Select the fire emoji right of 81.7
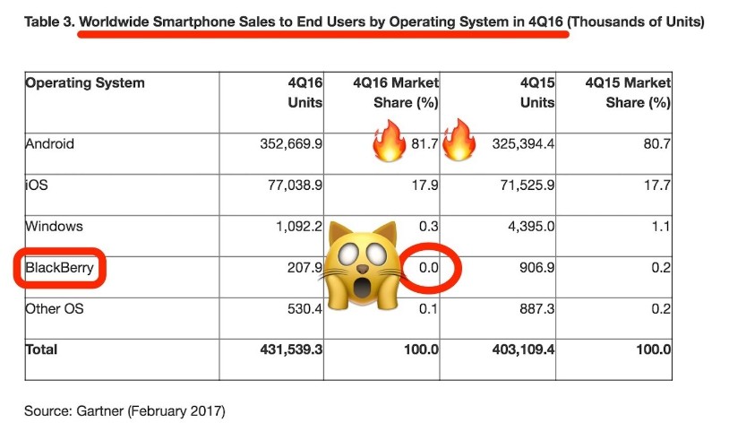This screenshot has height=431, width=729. click(459, 142)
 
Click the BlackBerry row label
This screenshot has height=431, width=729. click(60, 269)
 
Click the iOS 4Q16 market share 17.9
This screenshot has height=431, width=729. click(426, 186)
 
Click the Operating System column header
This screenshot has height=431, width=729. click(85, 83)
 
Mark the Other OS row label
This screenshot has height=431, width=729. click(56, 309)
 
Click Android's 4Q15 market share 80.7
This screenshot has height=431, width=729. click(656, 143)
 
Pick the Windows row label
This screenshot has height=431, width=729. click(54, 228)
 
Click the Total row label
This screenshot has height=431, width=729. click(42, 349)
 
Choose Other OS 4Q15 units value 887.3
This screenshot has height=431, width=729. click(536, 309)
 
